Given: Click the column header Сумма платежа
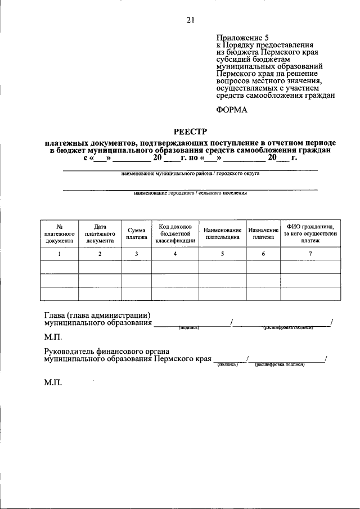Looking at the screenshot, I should [137, 233].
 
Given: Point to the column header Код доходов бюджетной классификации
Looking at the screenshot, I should [175, 233].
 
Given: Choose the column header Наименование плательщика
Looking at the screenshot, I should [222, 233].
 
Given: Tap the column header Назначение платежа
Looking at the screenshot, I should [263, 233].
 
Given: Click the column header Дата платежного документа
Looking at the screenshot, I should [100, 233].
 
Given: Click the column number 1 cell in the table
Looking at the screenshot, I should [59, 254].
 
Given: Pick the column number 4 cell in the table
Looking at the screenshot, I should [175, 254].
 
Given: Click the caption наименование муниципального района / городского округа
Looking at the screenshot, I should [190, 174].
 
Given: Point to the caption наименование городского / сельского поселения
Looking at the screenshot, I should [190, 193].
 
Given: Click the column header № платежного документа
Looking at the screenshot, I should [59, 233].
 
